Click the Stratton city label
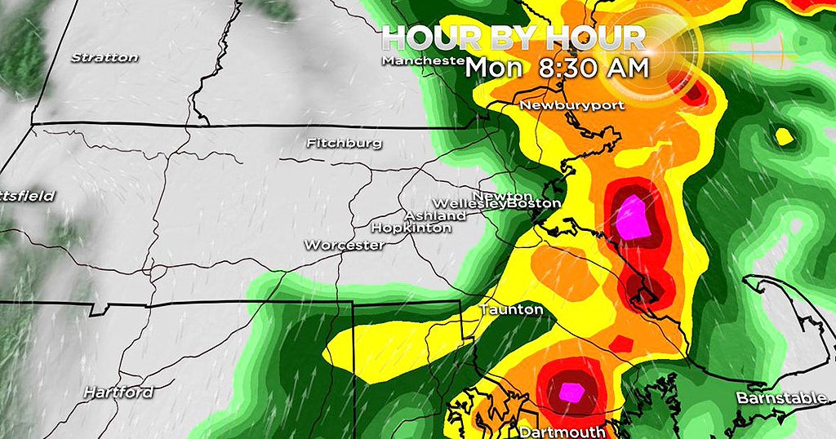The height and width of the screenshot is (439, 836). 104,58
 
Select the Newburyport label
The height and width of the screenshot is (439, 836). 560,105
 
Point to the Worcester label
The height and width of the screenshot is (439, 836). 344,245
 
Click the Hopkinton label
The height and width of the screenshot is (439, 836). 411,228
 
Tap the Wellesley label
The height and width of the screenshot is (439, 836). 469,203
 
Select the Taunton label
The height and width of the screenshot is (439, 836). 510,310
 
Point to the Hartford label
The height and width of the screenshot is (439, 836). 118,392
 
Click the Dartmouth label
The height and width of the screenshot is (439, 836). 562,431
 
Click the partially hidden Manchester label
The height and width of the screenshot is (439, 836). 423,61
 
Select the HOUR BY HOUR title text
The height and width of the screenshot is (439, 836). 514,37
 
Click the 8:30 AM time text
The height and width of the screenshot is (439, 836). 594,68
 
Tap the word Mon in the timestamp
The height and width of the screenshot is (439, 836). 493,68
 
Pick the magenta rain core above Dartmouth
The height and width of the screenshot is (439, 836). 571,392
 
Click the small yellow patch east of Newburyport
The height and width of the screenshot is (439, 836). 784,135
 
